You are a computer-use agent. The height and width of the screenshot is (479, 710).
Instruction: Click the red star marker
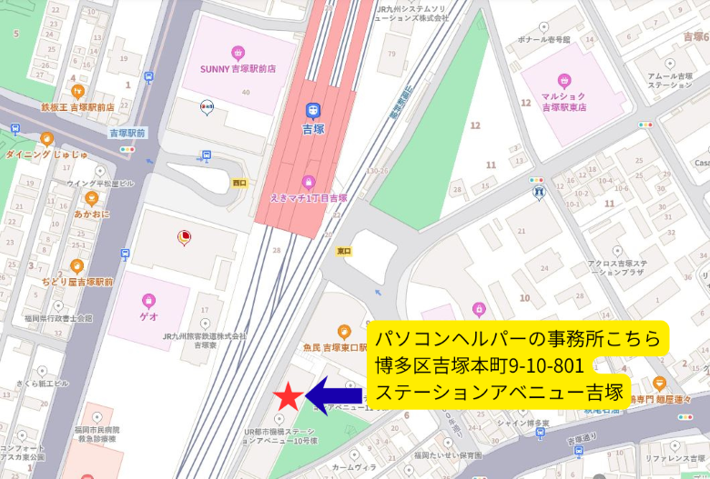[288, 396]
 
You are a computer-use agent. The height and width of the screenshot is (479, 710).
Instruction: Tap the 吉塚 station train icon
[312, 111]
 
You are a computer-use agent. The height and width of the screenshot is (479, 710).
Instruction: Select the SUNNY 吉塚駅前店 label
[238, 68]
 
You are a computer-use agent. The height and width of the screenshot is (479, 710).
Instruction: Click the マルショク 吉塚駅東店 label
[563, 100]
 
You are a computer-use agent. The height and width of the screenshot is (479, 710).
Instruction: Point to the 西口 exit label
[239, 183]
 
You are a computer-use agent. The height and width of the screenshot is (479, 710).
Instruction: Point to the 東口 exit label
[343, 251]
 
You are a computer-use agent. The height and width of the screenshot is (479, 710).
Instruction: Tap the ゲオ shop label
[148, 316]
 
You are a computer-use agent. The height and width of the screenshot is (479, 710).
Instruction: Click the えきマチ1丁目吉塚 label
[309, 197]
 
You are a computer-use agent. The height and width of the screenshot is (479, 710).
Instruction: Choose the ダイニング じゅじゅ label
[47, 155]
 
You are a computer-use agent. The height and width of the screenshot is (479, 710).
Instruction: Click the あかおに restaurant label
[92, 215]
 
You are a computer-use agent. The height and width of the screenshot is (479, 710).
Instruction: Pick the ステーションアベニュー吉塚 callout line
[499, 393]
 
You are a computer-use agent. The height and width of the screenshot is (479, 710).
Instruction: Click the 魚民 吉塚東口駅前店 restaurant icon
[343, 332]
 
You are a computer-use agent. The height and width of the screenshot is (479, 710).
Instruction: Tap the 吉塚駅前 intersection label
[127, 133]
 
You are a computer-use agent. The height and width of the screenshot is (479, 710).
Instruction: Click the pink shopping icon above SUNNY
[238, 52]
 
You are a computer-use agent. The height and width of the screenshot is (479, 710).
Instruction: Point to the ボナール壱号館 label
[544, 40]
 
